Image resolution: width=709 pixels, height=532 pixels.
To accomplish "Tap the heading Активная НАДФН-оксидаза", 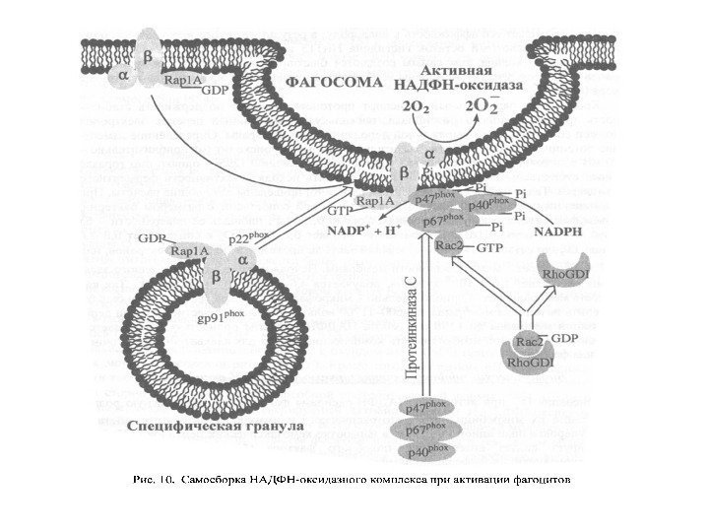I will coord(467,81).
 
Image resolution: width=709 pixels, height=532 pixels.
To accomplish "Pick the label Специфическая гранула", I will coord(216,426).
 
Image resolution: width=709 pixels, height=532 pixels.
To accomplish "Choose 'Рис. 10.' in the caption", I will coord(154,482).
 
